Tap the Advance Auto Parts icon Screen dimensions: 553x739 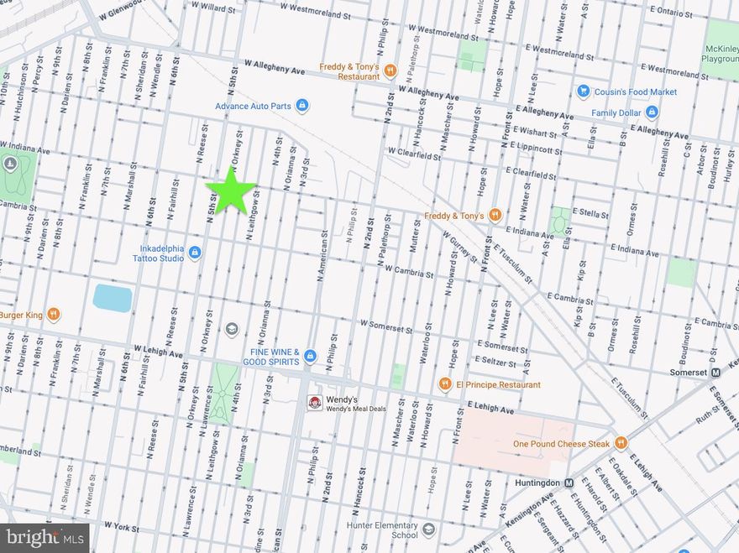pos(302,106)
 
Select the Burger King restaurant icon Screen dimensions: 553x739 pos(54,315)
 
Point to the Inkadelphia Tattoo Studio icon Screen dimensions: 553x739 pos(195,252)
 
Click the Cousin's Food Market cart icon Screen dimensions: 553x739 pos(583,91)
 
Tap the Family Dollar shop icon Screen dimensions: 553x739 pos(651,112)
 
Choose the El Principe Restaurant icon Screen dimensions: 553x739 pos(445,384)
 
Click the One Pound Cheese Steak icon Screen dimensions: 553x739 pos(621,442)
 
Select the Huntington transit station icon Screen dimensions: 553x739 pos(569,483)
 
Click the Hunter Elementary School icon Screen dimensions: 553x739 pos(429,530)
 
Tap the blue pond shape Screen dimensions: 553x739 pos(113,298)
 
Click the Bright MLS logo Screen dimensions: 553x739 pos(45,537)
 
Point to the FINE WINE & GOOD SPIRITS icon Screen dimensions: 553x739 pos(309,356)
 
